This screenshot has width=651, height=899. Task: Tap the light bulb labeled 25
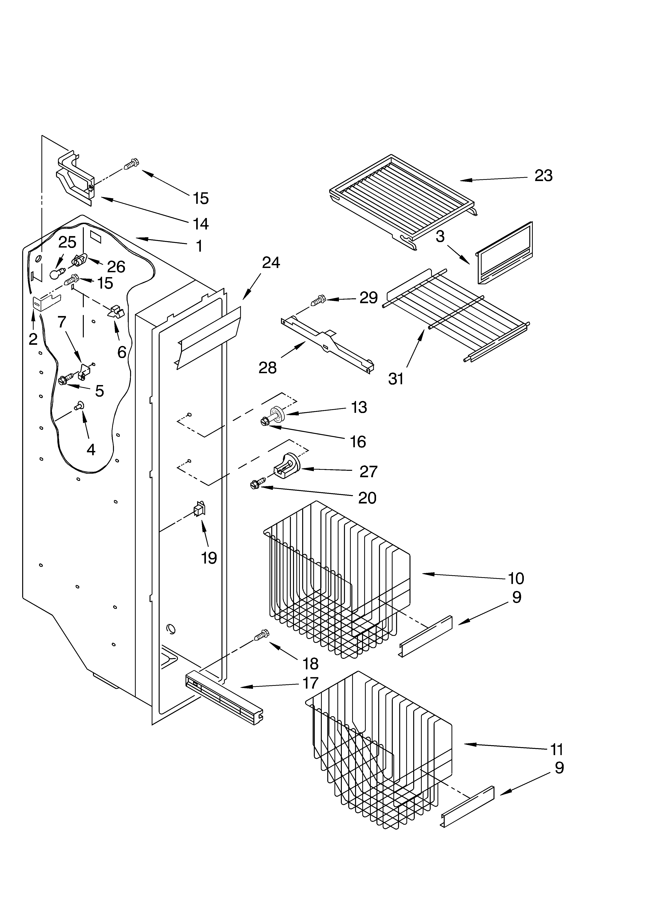[x=56, y=273]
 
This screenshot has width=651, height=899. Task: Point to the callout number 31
[x=396, y=379]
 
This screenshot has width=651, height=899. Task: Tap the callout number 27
[x=368, y=471]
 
